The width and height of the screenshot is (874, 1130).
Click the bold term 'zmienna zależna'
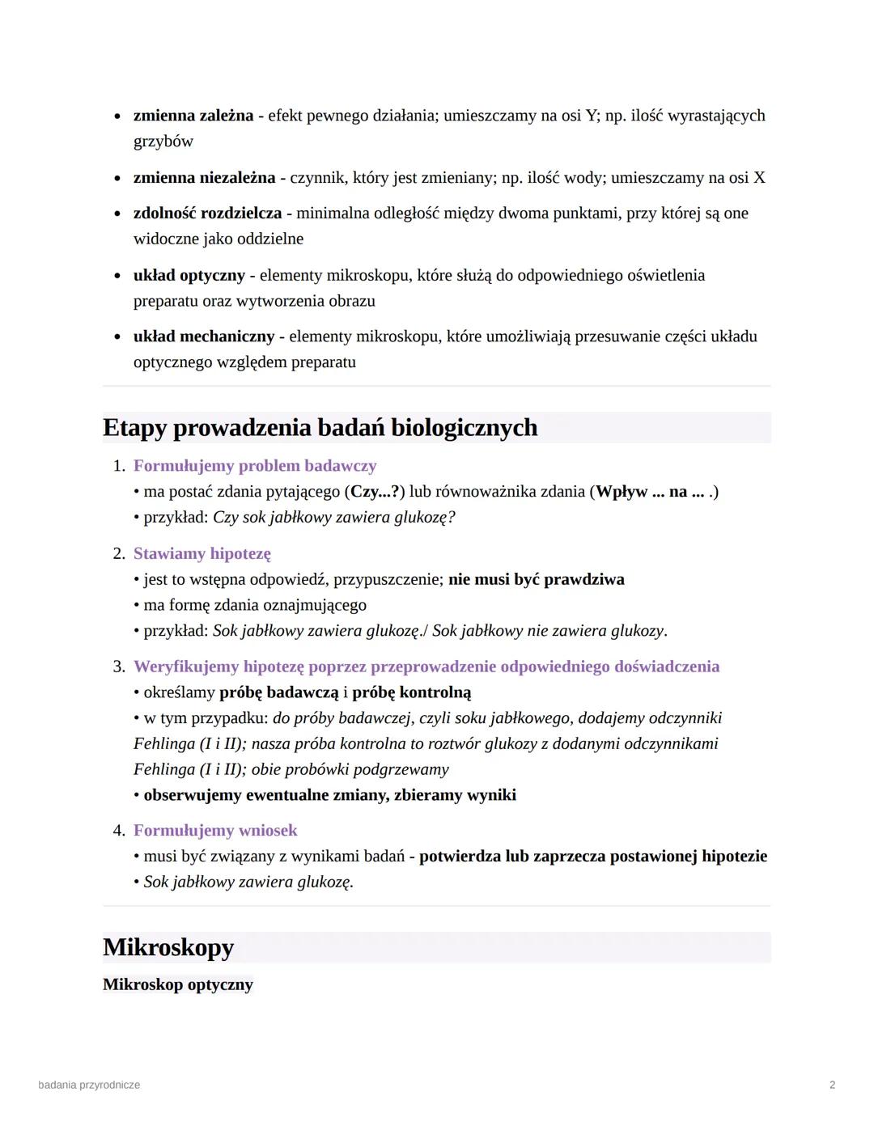[193, 116]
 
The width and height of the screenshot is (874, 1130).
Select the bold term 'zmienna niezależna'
[204, 177]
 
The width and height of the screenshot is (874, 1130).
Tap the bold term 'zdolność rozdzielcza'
[207, 213]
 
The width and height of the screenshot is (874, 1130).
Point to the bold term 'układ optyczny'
[189, 275]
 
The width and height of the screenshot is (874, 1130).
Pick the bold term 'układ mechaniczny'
[204, 336]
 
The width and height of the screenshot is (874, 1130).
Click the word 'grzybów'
[163, 142]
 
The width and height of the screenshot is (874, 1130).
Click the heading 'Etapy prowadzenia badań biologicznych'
[320, 427]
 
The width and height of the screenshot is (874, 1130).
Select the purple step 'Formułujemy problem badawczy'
[255, 466]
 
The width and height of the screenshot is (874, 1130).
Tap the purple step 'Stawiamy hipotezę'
[202, 553]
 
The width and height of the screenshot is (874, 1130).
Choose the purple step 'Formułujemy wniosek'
[215, 831]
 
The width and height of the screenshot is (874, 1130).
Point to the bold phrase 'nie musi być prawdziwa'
[536, 579]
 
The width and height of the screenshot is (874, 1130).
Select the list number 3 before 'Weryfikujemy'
[118, 667]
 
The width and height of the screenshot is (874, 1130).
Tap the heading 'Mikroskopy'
[168, 947]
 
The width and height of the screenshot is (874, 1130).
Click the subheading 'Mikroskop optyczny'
[178, 984]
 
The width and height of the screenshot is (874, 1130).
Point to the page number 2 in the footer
[832, 1085]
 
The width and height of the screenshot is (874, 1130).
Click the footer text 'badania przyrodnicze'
[89, 1085]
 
